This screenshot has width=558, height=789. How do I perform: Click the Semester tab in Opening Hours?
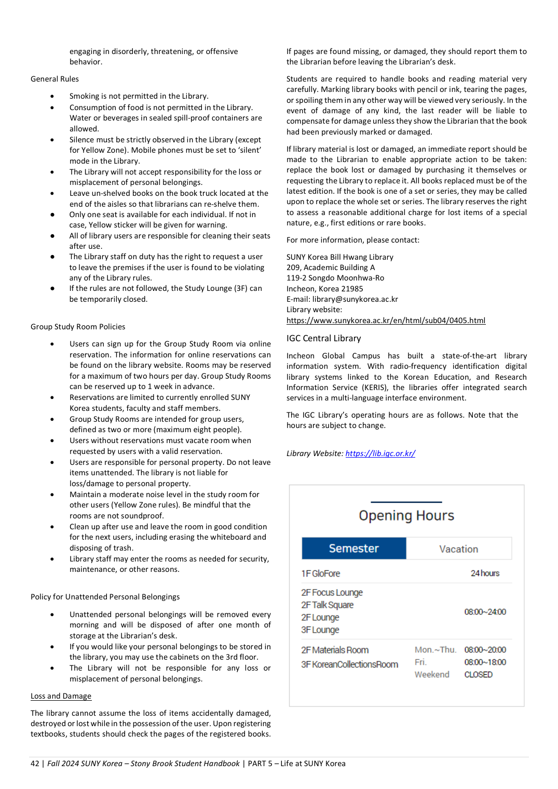[353, 549]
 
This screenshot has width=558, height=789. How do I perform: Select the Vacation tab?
[458, 549]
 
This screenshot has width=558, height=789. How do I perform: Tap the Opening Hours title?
[406, 516]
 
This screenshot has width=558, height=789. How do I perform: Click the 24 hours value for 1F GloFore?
[485, 573]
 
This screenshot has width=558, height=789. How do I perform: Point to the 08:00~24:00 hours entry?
[485, 612]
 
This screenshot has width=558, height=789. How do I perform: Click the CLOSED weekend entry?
[478, 675]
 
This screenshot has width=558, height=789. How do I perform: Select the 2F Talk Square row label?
[327, 605]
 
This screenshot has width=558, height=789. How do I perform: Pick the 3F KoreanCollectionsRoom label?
[349, 664]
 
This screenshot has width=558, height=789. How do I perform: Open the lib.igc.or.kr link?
[380, 453]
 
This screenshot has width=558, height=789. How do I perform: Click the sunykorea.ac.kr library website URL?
[386, 320]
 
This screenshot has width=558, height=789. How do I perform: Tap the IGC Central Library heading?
[323, 339]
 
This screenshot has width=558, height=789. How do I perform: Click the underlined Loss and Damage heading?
[61, 696]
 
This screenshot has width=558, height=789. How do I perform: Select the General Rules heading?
[55, 79]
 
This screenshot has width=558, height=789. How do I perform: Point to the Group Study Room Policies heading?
[78, 327]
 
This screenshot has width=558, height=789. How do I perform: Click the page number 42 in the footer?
[35, 764]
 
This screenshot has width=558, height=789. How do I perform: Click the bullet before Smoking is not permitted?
[52, 96]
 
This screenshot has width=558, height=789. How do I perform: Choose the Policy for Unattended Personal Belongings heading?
[105, 597]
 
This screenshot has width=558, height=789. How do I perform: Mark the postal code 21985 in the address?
[352, 289]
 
